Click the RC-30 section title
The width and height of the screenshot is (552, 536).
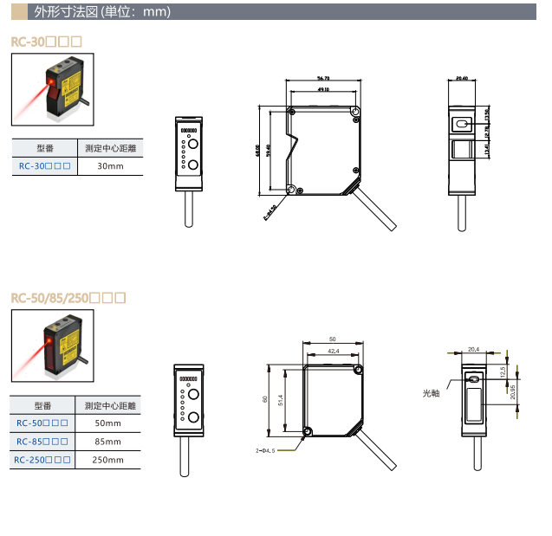point(46,42)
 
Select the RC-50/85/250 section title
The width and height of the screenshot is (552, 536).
point(68,299)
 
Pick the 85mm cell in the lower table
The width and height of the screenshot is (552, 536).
point(108,442)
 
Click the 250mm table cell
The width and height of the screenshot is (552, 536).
point(108,460)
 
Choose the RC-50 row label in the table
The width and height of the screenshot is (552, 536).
point(42,423)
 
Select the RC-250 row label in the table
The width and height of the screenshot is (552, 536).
point(42,460)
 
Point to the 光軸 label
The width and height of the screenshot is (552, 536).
point(432,392)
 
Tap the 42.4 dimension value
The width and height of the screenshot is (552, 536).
point(334,351)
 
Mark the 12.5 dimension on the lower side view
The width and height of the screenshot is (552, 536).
point(503,370)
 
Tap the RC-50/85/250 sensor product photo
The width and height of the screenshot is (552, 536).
point(50,345)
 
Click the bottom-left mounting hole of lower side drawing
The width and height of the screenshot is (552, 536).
point(308,431)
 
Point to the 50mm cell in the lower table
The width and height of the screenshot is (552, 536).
point(108,423)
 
